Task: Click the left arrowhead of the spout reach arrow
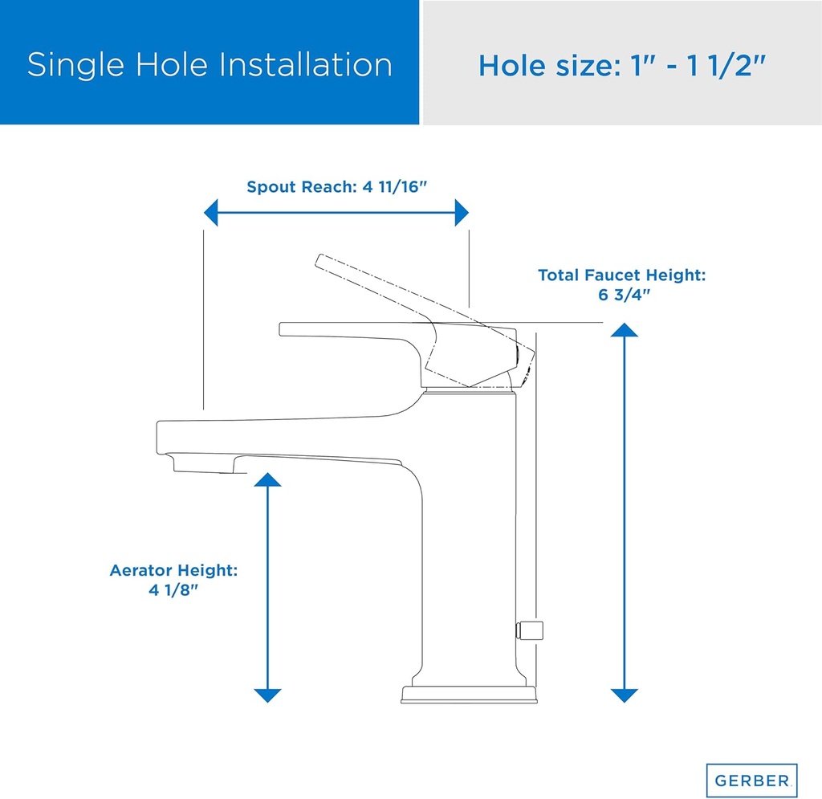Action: pyautogui.click(x=211, y=214)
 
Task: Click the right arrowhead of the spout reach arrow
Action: pyautogui.click(x=461, y=214)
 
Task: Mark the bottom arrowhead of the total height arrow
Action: pyautogui.click(x=624, y=695)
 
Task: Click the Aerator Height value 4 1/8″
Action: pyautogui.click(x=173, y=589)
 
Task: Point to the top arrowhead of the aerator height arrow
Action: pyautogui.click(x=267, y=479)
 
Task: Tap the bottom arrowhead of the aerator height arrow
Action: pyautogui.click(x=267, y=695)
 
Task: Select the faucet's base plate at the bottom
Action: pyautogui.click(x=467, y=695)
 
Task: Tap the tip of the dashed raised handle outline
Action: pyautogui.click(x=320, y=259)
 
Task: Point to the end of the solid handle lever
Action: pyautogui.click(x=283, y=328)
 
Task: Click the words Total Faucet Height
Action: pyautogui.click(x=621, y=275)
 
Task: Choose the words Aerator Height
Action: pyautogui.click(x=173, y=571)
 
